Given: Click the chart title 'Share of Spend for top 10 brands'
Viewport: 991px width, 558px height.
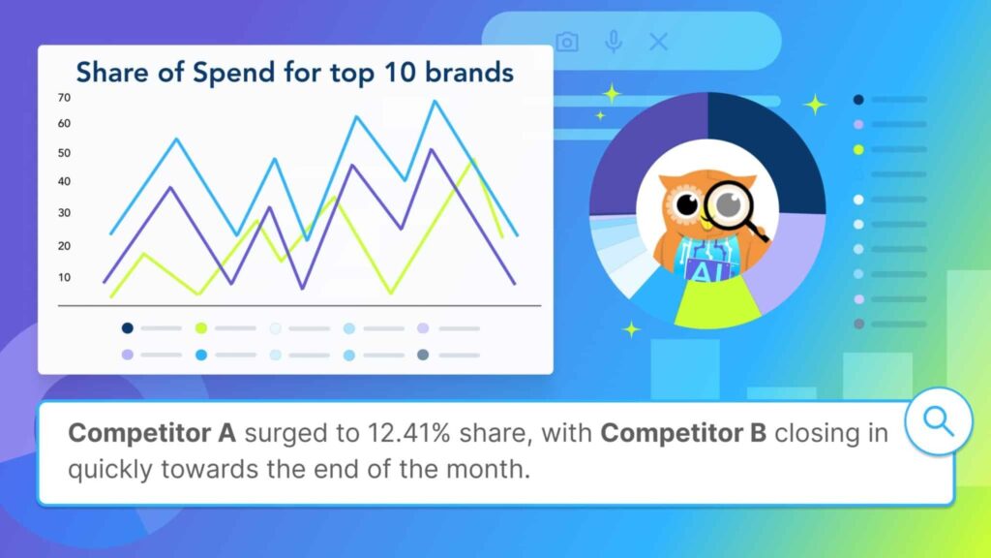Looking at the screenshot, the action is pyautogui.click(x=294, y=73).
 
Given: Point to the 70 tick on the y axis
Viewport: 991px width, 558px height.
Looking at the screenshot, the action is pyautogui.click(x=64, y=98).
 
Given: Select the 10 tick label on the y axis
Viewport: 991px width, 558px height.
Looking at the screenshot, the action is pyautogui.click(x=64, y=277).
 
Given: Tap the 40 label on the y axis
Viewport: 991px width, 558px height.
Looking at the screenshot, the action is pyautogui.click(x=64, y=181).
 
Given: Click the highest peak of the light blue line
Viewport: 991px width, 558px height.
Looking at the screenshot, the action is pyautogui.click(x=435, y=101).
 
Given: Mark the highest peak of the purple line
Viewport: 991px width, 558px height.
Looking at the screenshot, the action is pyautogui.click(x=432, y=150).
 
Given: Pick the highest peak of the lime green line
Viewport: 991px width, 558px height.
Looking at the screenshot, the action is pyautogui.click(x=472, y=161).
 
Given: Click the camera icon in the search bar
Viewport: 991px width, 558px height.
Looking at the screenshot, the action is pyautogui.click(x=567, y=42).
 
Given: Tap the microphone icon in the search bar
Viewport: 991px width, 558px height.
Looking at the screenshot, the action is pyautogui.click(x=613, y=42).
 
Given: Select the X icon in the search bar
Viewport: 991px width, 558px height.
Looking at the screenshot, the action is pyautogui.click(x=658, y=42).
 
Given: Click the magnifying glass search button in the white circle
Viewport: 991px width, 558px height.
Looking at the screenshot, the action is pyautogui.click(x=939, y=420).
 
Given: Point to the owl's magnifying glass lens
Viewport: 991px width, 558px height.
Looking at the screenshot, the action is pyautogui.click(x=729, y=204).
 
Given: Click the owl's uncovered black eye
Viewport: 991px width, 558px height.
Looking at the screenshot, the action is pyautogui.click(x=686, y=204).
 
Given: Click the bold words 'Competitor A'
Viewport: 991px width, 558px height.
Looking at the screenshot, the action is pyautogui.click(x=152, y=433).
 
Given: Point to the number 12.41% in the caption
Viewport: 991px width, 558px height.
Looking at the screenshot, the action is pyautogui.click(x=409, y=433).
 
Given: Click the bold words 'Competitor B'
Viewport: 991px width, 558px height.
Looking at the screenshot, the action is pyautogui.click(x=683, y=433).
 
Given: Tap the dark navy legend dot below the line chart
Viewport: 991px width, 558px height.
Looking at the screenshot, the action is pyautogui.click(x=127, y=327).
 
